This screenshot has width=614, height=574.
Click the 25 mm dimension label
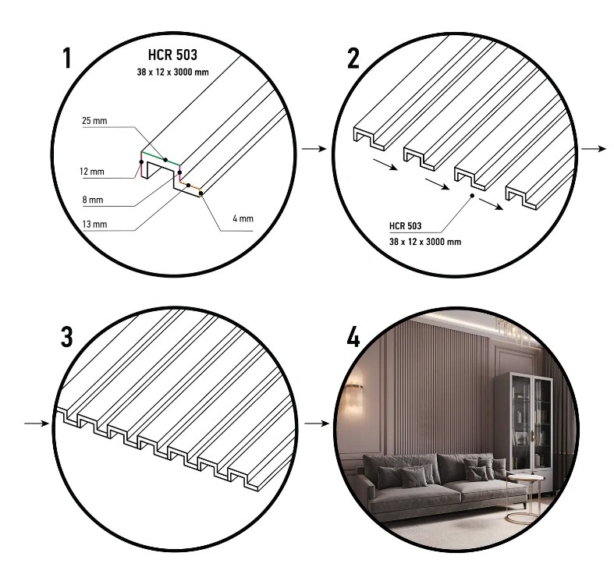[94, 121]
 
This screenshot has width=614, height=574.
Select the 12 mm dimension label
[92, 172]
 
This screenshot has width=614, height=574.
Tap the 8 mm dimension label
[93, 200]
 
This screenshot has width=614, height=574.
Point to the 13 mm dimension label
[94, 225]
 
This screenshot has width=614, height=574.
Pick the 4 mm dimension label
[243, 218]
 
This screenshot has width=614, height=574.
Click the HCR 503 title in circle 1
[172, 55]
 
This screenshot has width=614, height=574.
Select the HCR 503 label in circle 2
[405, 226]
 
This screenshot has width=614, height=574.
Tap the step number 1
[67, 58]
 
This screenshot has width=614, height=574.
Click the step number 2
[353, 58]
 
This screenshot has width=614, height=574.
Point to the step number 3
[66, 337]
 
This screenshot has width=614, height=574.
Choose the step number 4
[353, 337]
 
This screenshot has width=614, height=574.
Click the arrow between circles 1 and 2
[314, 149]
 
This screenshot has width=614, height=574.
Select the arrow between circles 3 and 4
[317, 423]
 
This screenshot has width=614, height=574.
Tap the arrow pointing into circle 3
[37, 423]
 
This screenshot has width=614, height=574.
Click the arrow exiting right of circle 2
[594, 149]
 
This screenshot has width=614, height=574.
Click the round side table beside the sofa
[525, 498]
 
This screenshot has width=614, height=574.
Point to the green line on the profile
[161, 158]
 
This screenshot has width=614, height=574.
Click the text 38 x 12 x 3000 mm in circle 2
[425, 242]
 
